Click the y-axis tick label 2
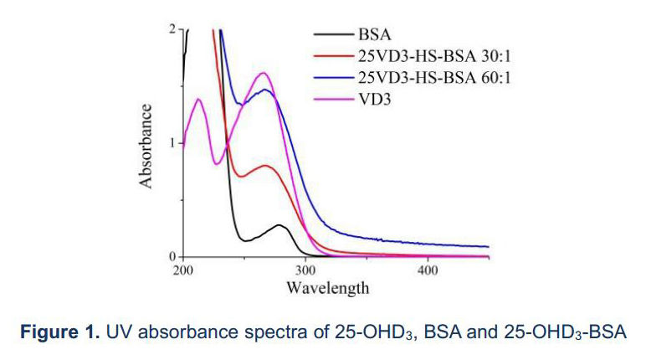click(172, 29)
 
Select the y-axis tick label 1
click(172, 143)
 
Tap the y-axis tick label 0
click(172, 256)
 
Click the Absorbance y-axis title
click(147, 145)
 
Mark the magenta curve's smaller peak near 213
click(199, 100)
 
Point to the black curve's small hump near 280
click(280, 225)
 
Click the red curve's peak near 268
click(266, 166)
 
